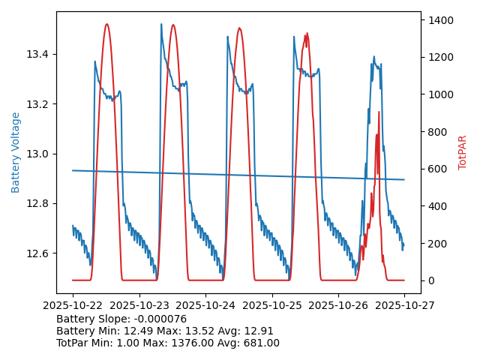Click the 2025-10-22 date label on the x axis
tap(73, 305)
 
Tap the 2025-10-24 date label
tap(205, 305)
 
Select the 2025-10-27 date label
tap(404, 305)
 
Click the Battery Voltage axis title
tap(16, 152)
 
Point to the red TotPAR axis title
tap(463, 152)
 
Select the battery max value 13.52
tap(196, 331)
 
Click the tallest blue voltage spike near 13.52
tap(161, 25)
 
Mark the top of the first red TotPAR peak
tap(106, 24)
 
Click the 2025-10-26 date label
tap(338, 305)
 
